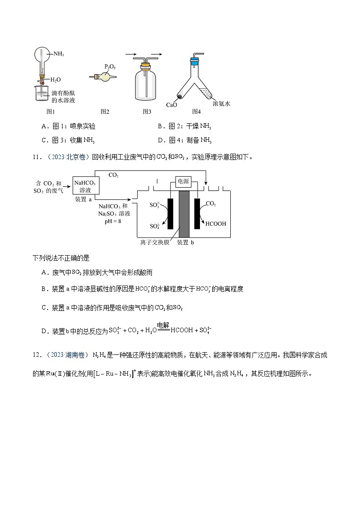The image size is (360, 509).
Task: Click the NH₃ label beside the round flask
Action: click(58, 54)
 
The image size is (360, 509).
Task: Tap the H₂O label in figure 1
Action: click(55, 80)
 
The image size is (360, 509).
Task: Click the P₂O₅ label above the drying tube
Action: click(110, 67)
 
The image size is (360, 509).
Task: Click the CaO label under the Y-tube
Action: click(171, 105)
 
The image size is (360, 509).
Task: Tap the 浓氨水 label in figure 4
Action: click(222, 103)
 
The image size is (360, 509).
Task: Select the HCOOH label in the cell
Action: click(216, 223)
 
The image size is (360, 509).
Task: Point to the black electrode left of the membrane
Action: click(170, 213)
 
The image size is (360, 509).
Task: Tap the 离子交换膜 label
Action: click(155, 242)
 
